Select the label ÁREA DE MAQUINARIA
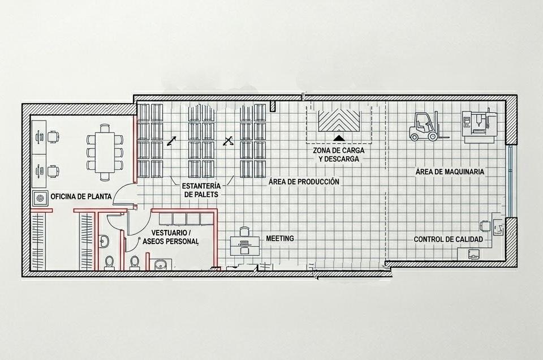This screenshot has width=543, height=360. (x=450, y=172)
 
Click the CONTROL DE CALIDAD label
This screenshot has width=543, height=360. (x=448, y=239)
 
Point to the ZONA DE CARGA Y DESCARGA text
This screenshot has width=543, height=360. (x=339, y=155)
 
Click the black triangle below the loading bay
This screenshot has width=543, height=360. (x=339, y=138)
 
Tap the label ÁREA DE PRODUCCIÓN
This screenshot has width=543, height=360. (x=304, y=181)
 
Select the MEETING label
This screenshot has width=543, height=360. (x=280, y=238)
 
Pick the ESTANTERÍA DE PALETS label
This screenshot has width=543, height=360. (x=201, y=190)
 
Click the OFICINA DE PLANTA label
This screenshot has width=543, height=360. (x=81, y=196)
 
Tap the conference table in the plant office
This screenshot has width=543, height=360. (x=105, y=152)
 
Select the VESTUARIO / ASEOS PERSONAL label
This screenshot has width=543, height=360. (x=170, y=237)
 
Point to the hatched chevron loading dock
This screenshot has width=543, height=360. (x=339, y=121)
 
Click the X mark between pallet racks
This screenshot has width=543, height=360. (x=227, y=141)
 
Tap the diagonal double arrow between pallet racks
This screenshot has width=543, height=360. (x=171, y=141)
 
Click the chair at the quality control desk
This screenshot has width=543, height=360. (x=485, y=226)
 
